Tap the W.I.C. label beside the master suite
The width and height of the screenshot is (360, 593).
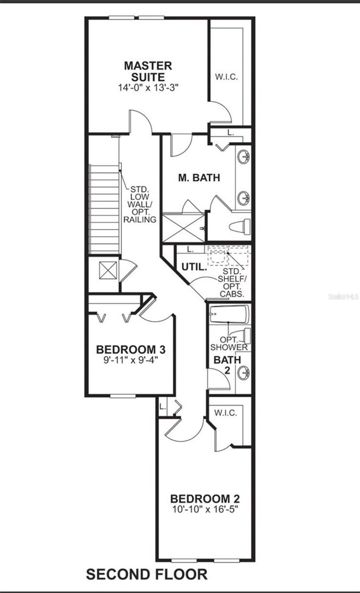pos(226,77)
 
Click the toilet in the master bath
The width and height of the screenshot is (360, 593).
pos(240,227)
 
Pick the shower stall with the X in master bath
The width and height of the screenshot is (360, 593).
pos(183,227)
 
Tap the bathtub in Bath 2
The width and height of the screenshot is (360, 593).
pos(229,314)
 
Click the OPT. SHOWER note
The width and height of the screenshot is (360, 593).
pos(228,343)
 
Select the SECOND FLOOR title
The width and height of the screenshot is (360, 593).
pos(147,575)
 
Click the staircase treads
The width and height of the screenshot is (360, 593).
pos(104,208)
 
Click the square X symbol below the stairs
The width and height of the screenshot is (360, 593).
pos(108,270)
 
